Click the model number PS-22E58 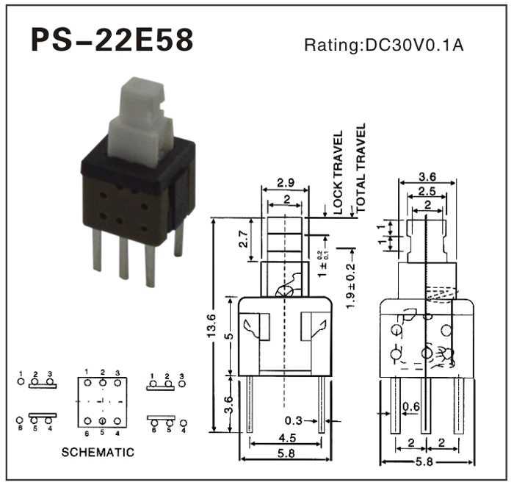tap(112, 42)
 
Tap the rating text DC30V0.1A tap(383, 45)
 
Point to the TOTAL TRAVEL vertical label tap(360, 168)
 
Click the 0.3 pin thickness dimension tap(294, 421)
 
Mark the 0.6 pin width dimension tap(410, 406)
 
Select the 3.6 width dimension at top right tap(427, 176)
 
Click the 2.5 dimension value tap(427, 190)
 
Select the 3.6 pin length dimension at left tap(228, 403)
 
